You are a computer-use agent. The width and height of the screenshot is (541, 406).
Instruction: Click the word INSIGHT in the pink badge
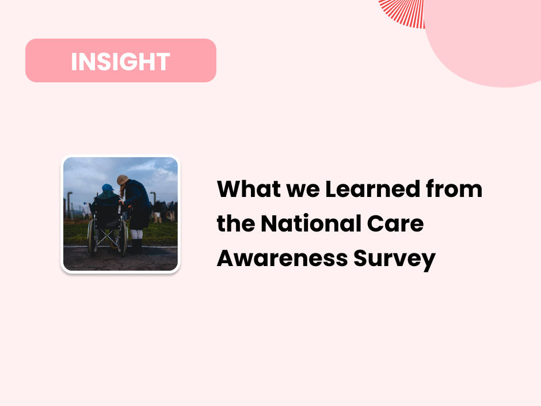(x=120, y=62)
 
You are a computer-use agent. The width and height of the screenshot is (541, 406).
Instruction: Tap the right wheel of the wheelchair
(x=122, y=237)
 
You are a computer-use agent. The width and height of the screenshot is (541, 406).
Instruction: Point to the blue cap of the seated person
(x=108, y=189)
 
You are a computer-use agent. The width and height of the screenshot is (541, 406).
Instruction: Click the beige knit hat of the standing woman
(x=123, y=180)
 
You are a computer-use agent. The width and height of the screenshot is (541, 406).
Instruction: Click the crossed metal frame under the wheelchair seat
(x=107, y=236)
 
